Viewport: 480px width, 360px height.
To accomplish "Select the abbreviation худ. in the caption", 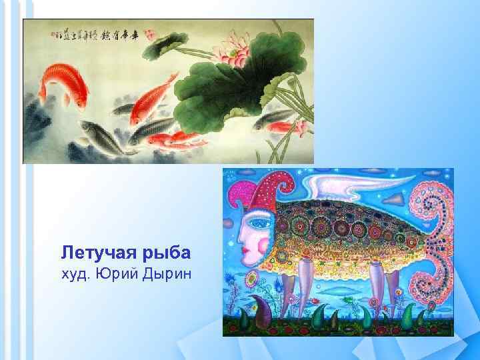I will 74,273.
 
